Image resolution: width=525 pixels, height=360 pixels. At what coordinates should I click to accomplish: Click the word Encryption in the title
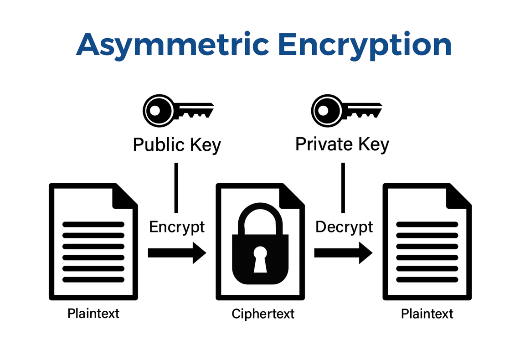click(x=365, y=45)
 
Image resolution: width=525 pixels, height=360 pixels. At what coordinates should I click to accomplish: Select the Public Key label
click(x=177, y=145)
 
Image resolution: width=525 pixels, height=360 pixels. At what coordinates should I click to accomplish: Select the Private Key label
click(x=342, y=144)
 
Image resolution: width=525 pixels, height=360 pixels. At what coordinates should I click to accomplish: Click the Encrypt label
click(x=177, y=226)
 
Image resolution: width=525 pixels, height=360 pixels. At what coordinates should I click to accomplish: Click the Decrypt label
click(x=344, y=226)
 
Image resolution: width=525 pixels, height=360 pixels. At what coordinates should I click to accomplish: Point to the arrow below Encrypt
click(x=177, y=252)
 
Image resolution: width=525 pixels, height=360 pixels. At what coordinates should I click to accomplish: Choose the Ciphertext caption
click(x=263, y=314)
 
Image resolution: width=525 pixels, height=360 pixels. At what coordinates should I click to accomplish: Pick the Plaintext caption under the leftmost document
click(x=93, y=313)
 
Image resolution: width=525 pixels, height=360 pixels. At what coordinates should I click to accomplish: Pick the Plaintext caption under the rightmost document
click(x=427, y=314)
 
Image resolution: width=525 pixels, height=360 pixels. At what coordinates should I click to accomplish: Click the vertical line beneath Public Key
click(x=176, y=187)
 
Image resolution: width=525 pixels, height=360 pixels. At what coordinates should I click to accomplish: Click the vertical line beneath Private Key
click(x=343, y=187)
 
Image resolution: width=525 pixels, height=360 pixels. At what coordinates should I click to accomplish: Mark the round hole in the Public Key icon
click(x=154, y=110)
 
